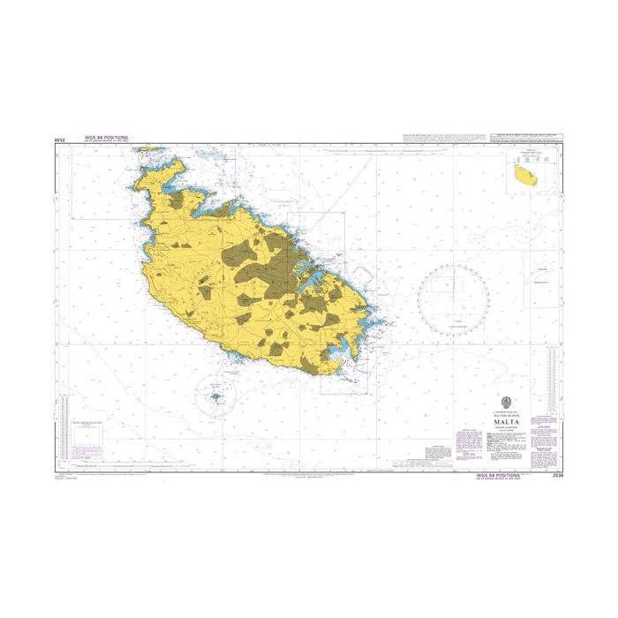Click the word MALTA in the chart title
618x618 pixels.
pyautogui.click(x=500, y=421)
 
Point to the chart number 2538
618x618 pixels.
pyautogui.click(x=555, y=475)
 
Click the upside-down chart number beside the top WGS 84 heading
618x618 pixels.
pyautogui.click(x=61, y=140)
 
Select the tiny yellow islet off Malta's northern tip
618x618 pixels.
pyautogui.click(x=149, y=148)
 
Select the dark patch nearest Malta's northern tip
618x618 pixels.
pyautogui.click(x=177, y=200)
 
